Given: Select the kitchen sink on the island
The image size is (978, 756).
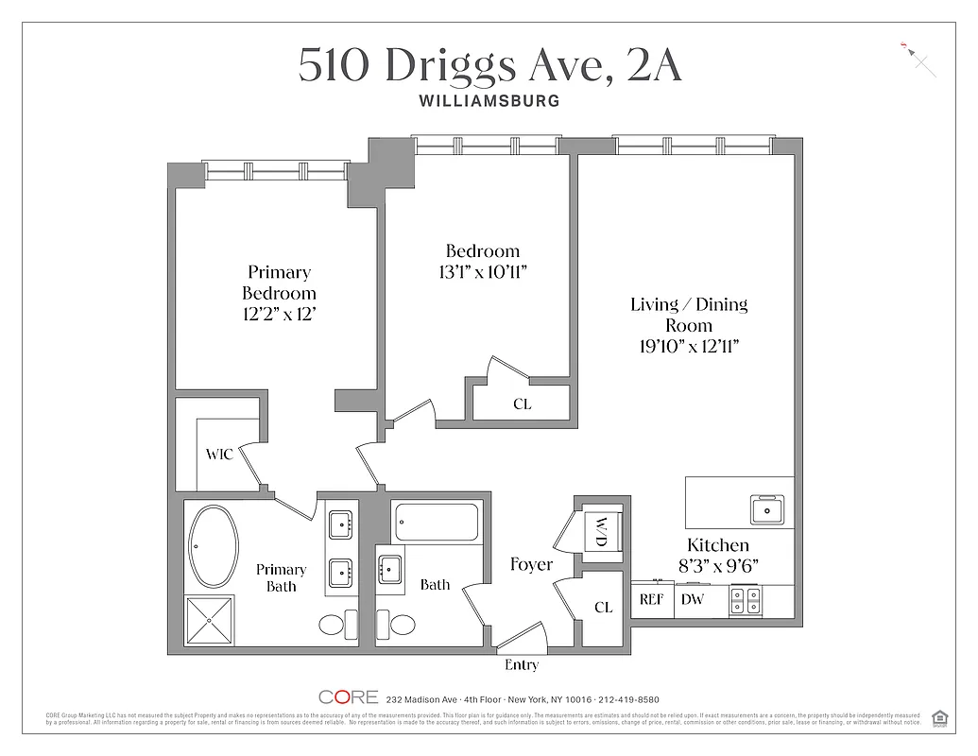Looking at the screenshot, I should (766, 509).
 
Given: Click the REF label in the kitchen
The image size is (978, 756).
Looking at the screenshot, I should (652, 599).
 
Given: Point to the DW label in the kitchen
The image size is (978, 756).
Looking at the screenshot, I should (693, 599).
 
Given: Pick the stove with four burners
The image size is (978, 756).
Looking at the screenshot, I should (746, 600).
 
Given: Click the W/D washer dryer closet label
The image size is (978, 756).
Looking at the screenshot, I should (599, 532).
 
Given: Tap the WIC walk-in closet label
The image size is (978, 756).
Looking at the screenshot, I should (219, 455).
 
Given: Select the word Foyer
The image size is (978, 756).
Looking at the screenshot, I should (531, 564).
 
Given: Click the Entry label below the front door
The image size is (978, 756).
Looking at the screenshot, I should (522, 665).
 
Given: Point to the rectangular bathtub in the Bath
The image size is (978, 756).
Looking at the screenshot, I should (436, 523).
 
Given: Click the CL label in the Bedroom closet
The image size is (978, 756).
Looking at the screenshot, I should (522, 404).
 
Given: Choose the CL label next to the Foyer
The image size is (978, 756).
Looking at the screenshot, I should (604, 608).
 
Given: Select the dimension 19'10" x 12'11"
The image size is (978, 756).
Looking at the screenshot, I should (688, 346).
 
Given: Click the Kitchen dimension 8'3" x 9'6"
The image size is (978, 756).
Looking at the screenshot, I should (718, 565).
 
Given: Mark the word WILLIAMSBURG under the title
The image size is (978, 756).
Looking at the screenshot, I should (489, 100).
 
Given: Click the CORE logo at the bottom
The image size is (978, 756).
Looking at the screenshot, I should (349, 698).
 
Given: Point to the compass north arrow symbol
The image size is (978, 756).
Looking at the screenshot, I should (919, 60).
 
